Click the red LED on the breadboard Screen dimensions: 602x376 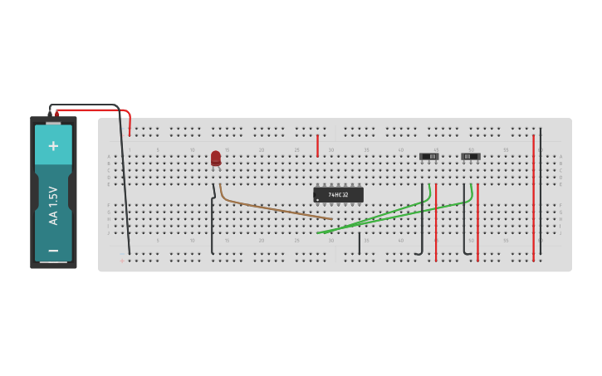[x=216, y=157]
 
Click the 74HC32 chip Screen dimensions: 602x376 [x=338, y=194]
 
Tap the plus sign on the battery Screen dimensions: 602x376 [x=53, y=146]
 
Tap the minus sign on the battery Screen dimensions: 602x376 [x=53, y=250]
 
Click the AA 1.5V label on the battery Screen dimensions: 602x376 [x=53, y=205]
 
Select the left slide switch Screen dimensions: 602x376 [x=429, y=156]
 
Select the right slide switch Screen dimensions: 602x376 [x=471, y=156]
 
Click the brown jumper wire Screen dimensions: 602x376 [x=274, y=208]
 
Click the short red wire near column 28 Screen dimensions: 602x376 [x=317, y=145]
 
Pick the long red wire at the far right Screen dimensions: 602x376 [x=533, y=199]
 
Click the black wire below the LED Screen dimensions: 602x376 [x=213, y=224]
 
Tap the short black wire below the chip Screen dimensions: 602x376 [x=359, y=243]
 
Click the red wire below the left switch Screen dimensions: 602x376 [x=436, y=224]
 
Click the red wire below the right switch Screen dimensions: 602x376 [x=477, y=224]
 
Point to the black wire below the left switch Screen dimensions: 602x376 [x=422, y=224]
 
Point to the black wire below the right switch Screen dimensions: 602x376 [x=464, y=224]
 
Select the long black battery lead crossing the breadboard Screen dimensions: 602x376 [x=125, y=183]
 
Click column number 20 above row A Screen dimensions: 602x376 [x=262, y=149]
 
